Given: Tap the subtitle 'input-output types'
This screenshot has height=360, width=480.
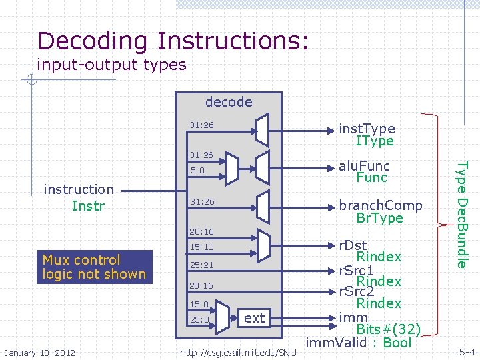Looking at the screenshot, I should tap(111, 65).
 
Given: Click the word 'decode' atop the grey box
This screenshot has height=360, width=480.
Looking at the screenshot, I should tap(229, 102).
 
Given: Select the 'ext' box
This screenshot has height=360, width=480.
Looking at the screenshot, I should tap(255, 318).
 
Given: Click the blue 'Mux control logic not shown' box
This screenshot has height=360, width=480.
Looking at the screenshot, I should tap(94, 267).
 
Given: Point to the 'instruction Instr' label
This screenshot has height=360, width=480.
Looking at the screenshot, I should tap(79, 197).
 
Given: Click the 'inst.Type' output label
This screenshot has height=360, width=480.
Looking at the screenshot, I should tap(367, 128).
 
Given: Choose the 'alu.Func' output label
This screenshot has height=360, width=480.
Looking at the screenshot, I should tap(365, 165).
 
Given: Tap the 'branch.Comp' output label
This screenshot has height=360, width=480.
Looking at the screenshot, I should tap(381, 205).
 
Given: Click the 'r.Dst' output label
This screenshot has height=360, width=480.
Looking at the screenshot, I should tap(353, 245).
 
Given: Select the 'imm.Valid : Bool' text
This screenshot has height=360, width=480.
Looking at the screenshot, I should tap(359, 343).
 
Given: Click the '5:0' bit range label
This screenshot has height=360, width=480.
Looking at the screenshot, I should tap(197, 171).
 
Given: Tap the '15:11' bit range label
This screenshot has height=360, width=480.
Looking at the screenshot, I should tap(201, 247).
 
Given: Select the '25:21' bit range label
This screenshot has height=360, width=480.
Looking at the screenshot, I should tap(201, 265).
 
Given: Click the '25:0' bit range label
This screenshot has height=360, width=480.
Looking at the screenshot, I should tap(199, 320).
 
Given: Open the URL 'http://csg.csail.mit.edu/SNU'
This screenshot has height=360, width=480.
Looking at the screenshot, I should tap(238, 352).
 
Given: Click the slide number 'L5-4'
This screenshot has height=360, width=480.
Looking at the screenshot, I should tap(464, 351).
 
